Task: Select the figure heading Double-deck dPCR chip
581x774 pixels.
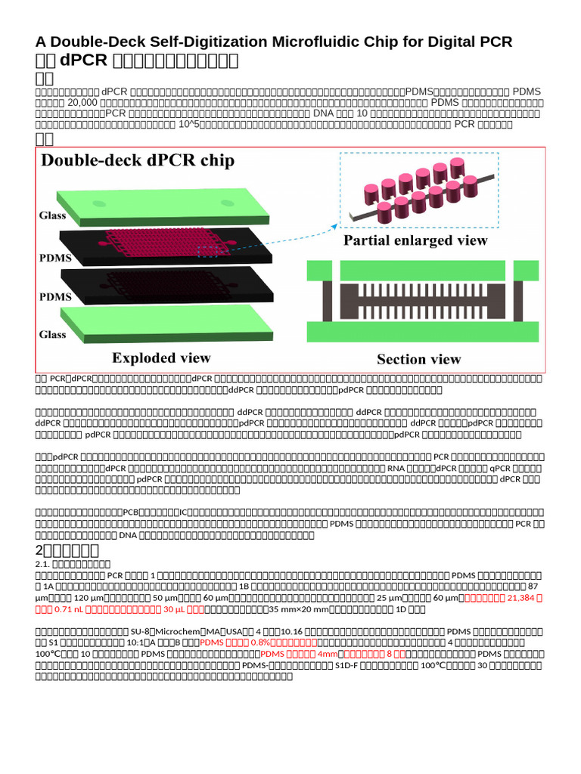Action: tap(138, 160)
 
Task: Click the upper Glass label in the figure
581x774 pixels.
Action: tap(54, 215)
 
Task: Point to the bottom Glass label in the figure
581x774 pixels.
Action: tap(54, 334)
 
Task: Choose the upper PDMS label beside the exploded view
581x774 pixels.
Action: tap(54, 258)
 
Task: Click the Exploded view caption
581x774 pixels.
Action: tap(161, 358)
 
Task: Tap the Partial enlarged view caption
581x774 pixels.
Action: tap(415, 241)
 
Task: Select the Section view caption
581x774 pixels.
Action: tap(418, 360)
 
